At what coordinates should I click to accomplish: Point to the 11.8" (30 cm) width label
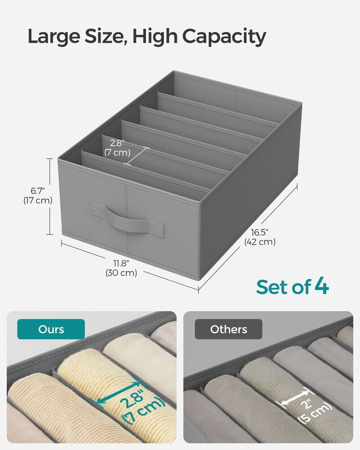click(121, 267)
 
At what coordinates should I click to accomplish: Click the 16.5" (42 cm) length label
click(260, 237)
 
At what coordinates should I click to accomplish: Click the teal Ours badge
click(51, 329)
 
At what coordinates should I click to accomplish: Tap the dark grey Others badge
click(229, 329)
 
